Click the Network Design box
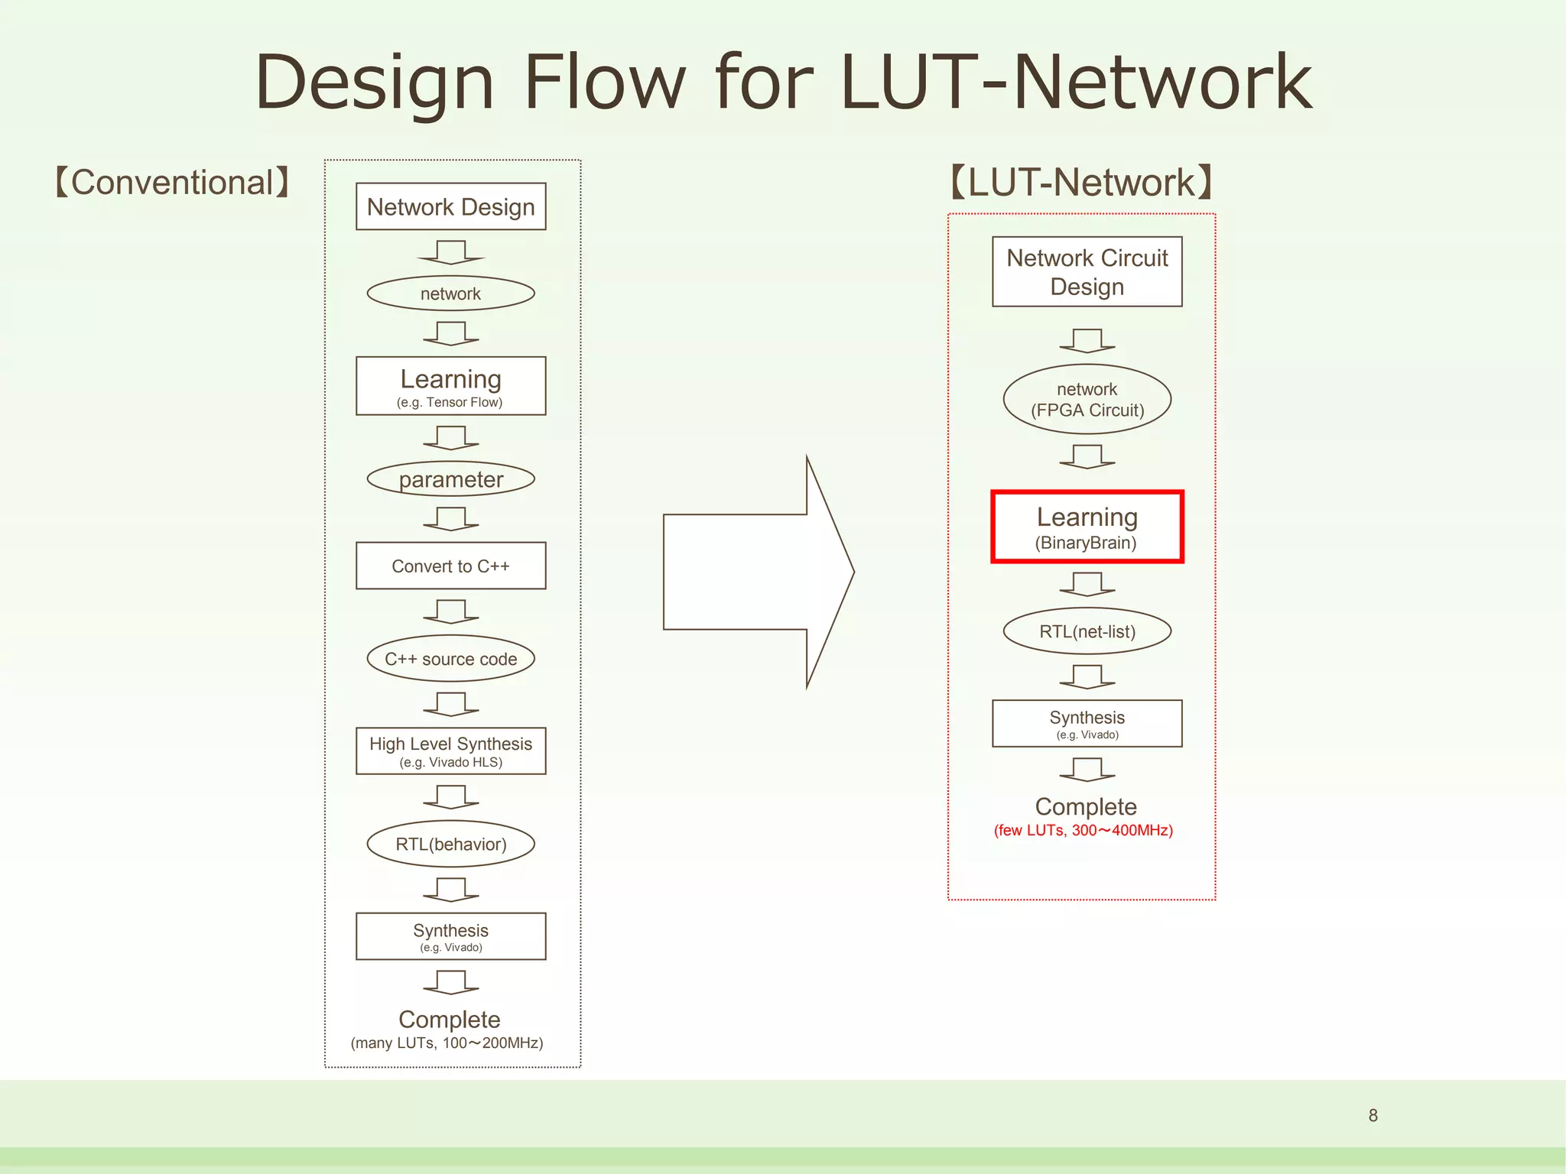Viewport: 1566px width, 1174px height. [450, 206]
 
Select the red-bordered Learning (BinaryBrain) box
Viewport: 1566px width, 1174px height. [1087, 527]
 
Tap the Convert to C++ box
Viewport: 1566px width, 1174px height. [450, 566]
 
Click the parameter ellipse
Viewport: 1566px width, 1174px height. [450, 479]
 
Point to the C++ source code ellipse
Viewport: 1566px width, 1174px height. [450, 658]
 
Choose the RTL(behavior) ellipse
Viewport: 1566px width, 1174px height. [450, 844]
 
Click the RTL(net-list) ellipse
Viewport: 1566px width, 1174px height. [1087, 631]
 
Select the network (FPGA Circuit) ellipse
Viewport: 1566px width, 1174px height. [1087, 400]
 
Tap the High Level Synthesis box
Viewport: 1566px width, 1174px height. [450, 751]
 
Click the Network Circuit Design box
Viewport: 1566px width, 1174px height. [1087, 271]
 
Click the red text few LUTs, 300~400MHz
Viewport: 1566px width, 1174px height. [1083, 830]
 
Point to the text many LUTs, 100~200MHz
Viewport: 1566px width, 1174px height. [447, 1043]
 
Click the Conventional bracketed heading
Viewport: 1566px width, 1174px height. [172, 183]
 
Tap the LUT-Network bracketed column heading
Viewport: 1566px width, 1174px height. [1080, 183]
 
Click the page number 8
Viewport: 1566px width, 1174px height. [1373, 1115]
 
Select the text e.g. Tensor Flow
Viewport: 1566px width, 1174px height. [450, 402]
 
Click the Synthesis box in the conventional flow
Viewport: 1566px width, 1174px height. [450, 936]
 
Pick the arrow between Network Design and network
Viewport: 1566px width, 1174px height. [450, 251]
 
